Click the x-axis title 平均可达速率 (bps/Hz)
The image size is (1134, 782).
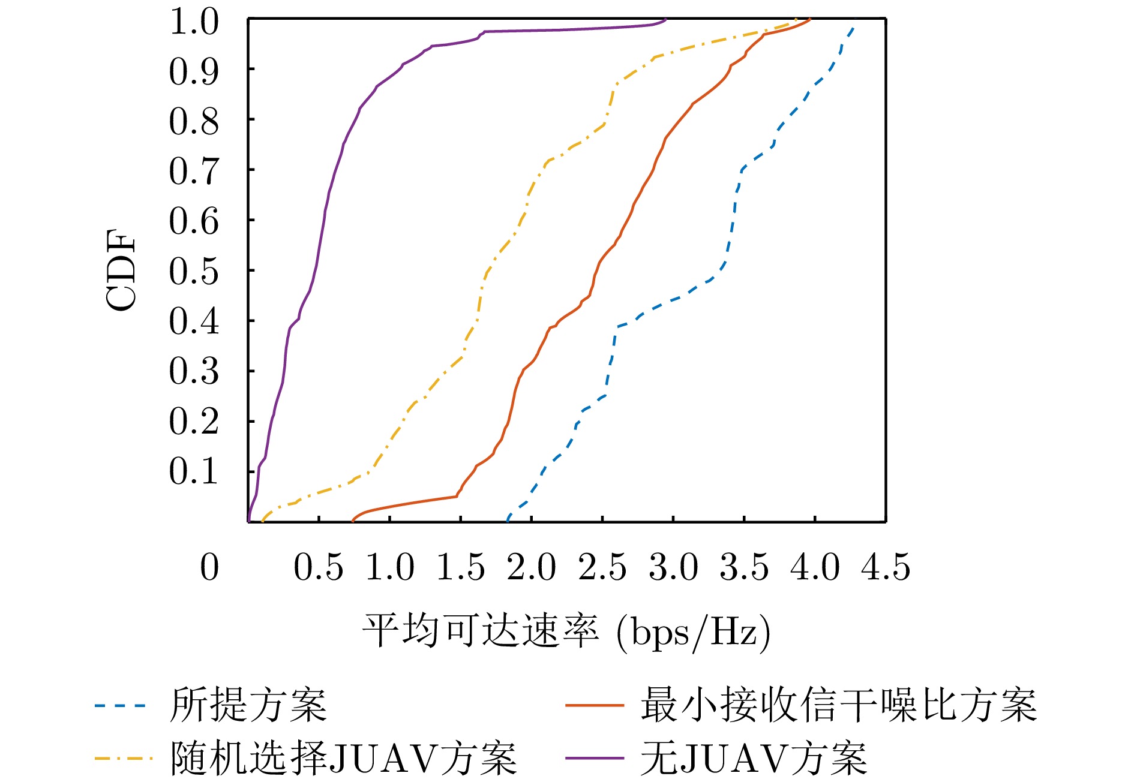(566, 631)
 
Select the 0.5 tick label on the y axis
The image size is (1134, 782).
(194, 272)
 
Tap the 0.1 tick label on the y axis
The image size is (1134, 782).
(194, 471)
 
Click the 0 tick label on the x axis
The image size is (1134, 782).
(209, 567)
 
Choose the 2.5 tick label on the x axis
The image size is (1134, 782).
(602, 567)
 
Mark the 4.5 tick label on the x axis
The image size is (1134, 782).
(886, 567)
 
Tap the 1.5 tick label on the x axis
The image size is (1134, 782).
(460, 567)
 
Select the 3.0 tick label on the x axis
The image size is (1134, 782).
(673, 567)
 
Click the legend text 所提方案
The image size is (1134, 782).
(248, 705)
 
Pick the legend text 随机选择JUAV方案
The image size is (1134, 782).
(343, 758)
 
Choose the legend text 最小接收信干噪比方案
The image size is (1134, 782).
(838, 705)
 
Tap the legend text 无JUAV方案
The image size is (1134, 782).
(754, 758)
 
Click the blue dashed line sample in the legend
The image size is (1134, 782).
(120, 705)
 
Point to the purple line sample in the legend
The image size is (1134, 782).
(594, 759)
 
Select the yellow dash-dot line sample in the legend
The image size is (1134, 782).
(120, 759)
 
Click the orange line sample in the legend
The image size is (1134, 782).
(594, 705)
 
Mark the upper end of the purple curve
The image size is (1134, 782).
(666, 20)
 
